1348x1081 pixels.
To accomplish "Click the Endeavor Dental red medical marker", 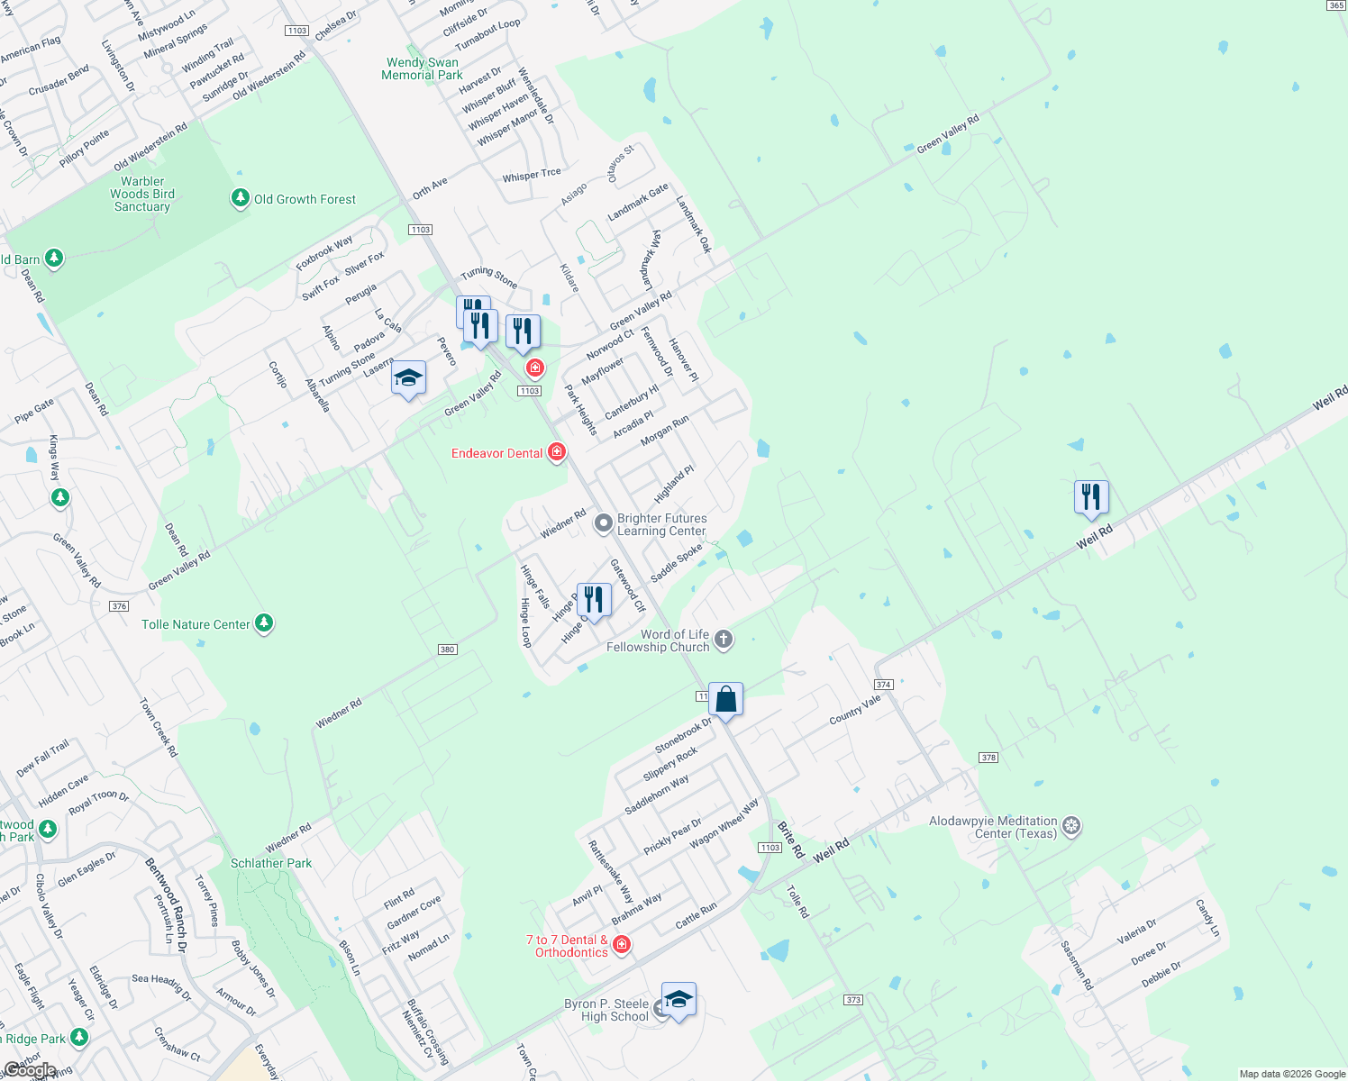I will [557, 451].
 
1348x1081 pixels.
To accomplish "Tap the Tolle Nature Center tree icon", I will [264, 622].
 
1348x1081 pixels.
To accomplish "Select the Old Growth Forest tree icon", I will [240, 198].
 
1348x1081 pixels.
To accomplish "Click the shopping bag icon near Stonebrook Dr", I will [725, 699].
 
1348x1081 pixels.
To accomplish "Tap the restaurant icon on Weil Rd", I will [1091, 497].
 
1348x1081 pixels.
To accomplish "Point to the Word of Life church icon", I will [724, 640].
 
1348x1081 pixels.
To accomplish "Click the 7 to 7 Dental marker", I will [621, 944].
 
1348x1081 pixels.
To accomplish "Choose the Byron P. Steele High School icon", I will [679, 1000].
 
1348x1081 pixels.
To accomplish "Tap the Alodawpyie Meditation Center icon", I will [1071, 826].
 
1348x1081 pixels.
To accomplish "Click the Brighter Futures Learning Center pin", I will [604, 523].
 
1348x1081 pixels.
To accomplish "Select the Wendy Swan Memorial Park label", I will [422, 68].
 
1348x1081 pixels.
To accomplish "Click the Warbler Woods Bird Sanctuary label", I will [142, 194].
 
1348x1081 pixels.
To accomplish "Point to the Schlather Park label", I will [271, 863].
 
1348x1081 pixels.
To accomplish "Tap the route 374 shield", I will [883, 685].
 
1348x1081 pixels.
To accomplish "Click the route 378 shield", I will [988, 758].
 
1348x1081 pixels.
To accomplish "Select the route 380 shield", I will [448, 650].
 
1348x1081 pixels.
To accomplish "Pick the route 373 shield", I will [853, 1000].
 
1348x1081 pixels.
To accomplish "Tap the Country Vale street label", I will [854, 710].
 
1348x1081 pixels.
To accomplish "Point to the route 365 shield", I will [1336, 5].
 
